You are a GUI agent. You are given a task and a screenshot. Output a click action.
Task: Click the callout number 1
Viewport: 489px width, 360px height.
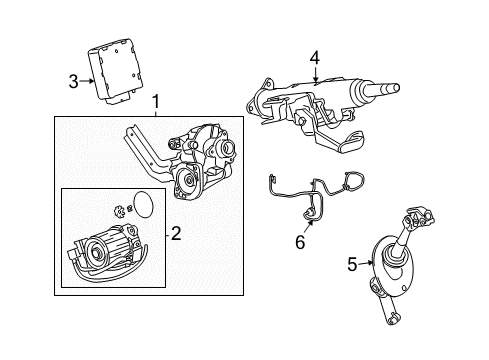point(155,102)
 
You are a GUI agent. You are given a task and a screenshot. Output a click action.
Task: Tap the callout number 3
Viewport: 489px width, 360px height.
point(73,82)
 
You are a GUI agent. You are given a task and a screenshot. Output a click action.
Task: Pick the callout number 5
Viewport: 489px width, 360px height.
point(351,265)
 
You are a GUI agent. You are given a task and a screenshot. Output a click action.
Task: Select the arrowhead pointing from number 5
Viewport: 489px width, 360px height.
point(367,265)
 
